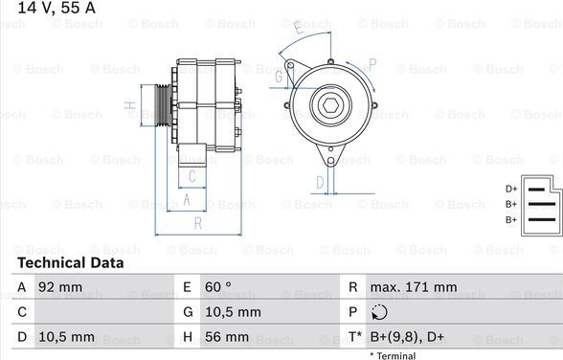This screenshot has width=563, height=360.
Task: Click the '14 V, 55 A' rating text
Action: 56,8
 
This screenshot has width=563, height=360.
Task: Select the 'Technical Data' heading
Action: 71,262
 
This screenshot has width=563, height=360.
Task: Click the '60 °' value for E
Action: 218,287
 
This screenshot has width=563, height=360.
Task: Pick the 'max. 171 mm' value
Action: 414,287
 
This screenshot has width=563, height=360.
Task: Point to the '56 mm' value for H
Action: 227,337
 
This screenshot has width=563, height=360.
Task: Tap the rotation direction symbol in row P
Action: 379,312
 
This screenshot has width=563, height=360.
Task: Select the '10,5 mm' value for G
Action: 233,312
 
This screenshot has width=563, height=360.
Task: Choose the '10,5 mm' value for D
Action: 66,337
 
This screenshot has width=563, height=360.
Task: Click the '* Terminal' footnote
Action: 393,355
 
